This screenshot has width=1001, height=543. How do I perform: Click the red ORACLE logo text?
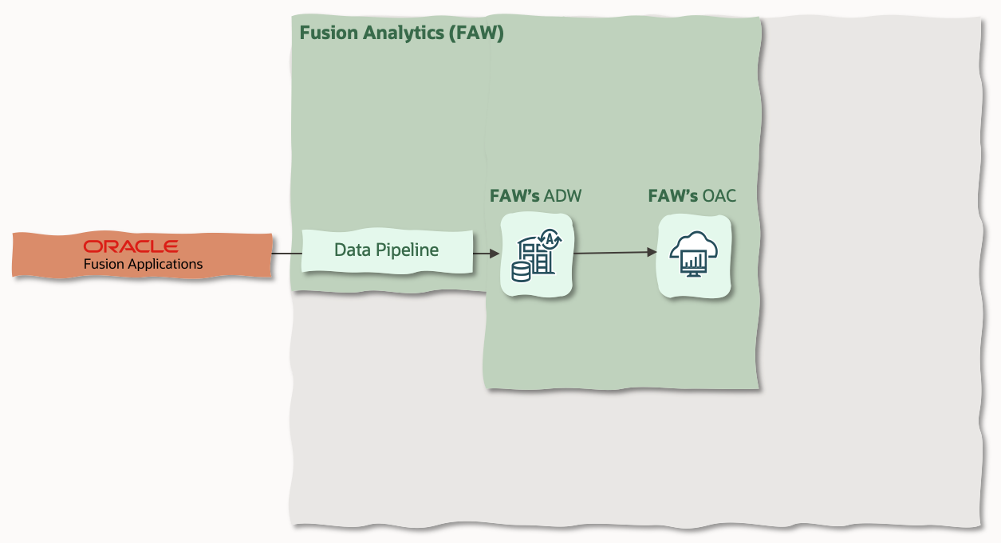[x=131, y=246]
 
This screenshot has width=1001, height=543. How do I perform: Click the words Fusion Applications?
[x=143, y=264]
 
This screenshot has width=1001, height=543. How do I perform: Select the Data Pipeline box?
[x=387, y=250]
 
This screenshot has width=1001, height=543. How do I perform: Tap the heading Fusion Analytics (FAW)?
[x=401, y=33]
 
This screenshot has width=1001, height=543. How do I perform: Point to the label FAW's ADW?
[x=535, y=196]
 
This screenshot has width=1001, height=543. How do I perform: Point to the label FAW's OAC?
[x=692, y=196]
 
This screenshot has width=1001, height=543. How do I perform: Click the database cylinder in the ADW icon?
[x=520, y=273]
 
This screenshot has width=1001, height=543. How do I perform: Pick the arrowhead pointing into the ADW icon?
[x=495, y=254]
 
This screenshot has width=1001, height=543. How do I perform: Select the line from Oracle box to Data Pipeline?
[x=286, y=254]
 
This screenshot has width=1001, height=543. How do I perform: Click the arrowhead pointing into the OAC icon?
[x=652, y=252]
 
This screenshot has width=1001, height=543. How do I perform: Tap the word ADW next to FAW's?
[x=562, y=196]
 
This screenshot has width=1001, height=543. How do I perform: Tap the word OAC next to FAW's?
[x=719, y=196]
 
